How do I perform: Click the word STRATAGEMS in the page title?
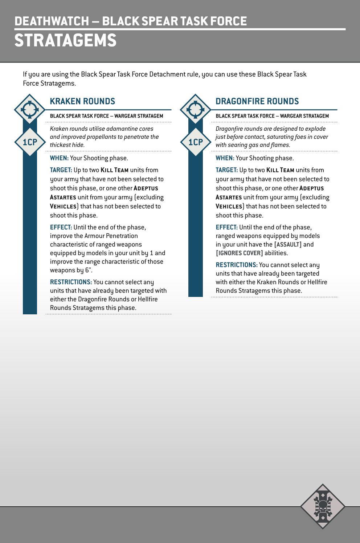pyautogui.click(x=65, y=40)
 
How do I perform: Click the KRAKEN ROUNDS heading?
pyautogui.click(x=82, y=101)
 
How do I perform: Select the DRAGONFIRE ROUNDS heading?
pyautogui.click(x=257, y=101)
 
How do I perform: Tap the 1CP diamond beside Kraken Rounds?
pyautogui.click(x=30, y=142)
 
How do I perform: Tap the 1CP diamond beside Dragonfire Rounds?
pyautogui.click(x=196, y=142)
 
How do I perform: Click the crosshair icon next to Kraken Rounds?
pyautogui.click(x=30, y=109)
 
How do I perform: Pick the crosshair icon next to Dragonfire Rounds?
pyautogui.click(x=196, y=109)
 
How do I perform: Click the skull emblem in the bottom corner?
pyautogui.click(x=322, y=506)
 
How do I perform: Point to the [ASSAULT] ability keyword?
pyautogui.click(x=288, y=245)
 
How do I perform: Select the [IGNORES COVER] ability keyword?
pyautogui.click(x=239, y=253)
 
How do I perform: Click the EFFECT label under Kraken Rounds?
pyautogui.click(x=61, y=228)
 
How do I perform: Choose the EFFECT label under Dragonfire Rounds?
pyautogui.click(x=226, y=228)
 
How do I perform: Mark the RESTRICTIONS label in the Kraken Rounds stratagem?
pyautogui.click(x=71, y=282)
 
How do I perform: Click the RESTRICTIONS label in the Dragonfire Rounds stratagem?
pyautogui.click(x=237, y=265)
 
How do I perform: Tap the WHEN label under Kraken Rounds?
pyautogui.click(x=59, y=158)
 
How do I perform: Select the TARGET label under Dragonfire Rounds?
pyautogui.click(x=226, y=170)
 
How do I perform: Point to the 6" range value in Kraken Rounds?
pyautogui.click(x=89, y=270)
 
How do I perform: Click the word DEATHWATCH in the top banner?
pyautogui.click(x=52, y=21)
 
